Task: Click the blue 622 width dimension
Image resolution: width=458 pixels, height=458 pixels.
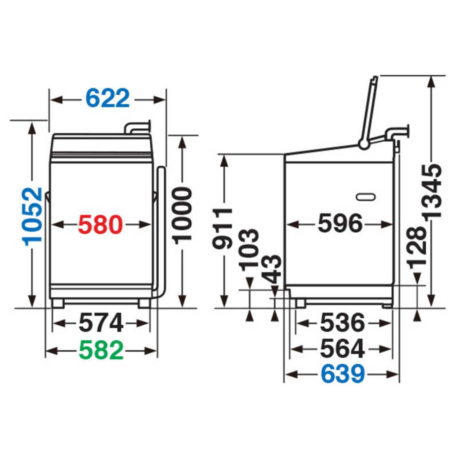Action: tap(107, 98)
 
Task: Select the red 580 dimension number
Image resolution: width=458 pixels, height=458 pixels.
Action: tap(101, 224)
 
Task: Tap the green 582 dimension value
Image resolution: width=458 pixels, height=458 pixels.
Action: tap(101, 351)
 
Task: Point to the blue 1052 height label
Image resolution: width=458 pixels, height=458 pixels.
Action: tap(32, 217)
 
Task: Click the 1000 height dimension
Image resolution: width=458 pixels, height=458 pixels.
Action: tap(182, 216)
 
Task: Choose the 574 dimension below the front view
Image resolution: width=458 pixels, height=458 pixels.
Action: tap(101, 323)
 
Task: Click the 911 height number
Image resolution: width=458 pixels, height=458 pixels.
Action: tap(222, 228)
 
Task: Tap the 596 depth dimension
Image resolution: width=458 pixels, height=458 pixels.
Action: tap(340, 223)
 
